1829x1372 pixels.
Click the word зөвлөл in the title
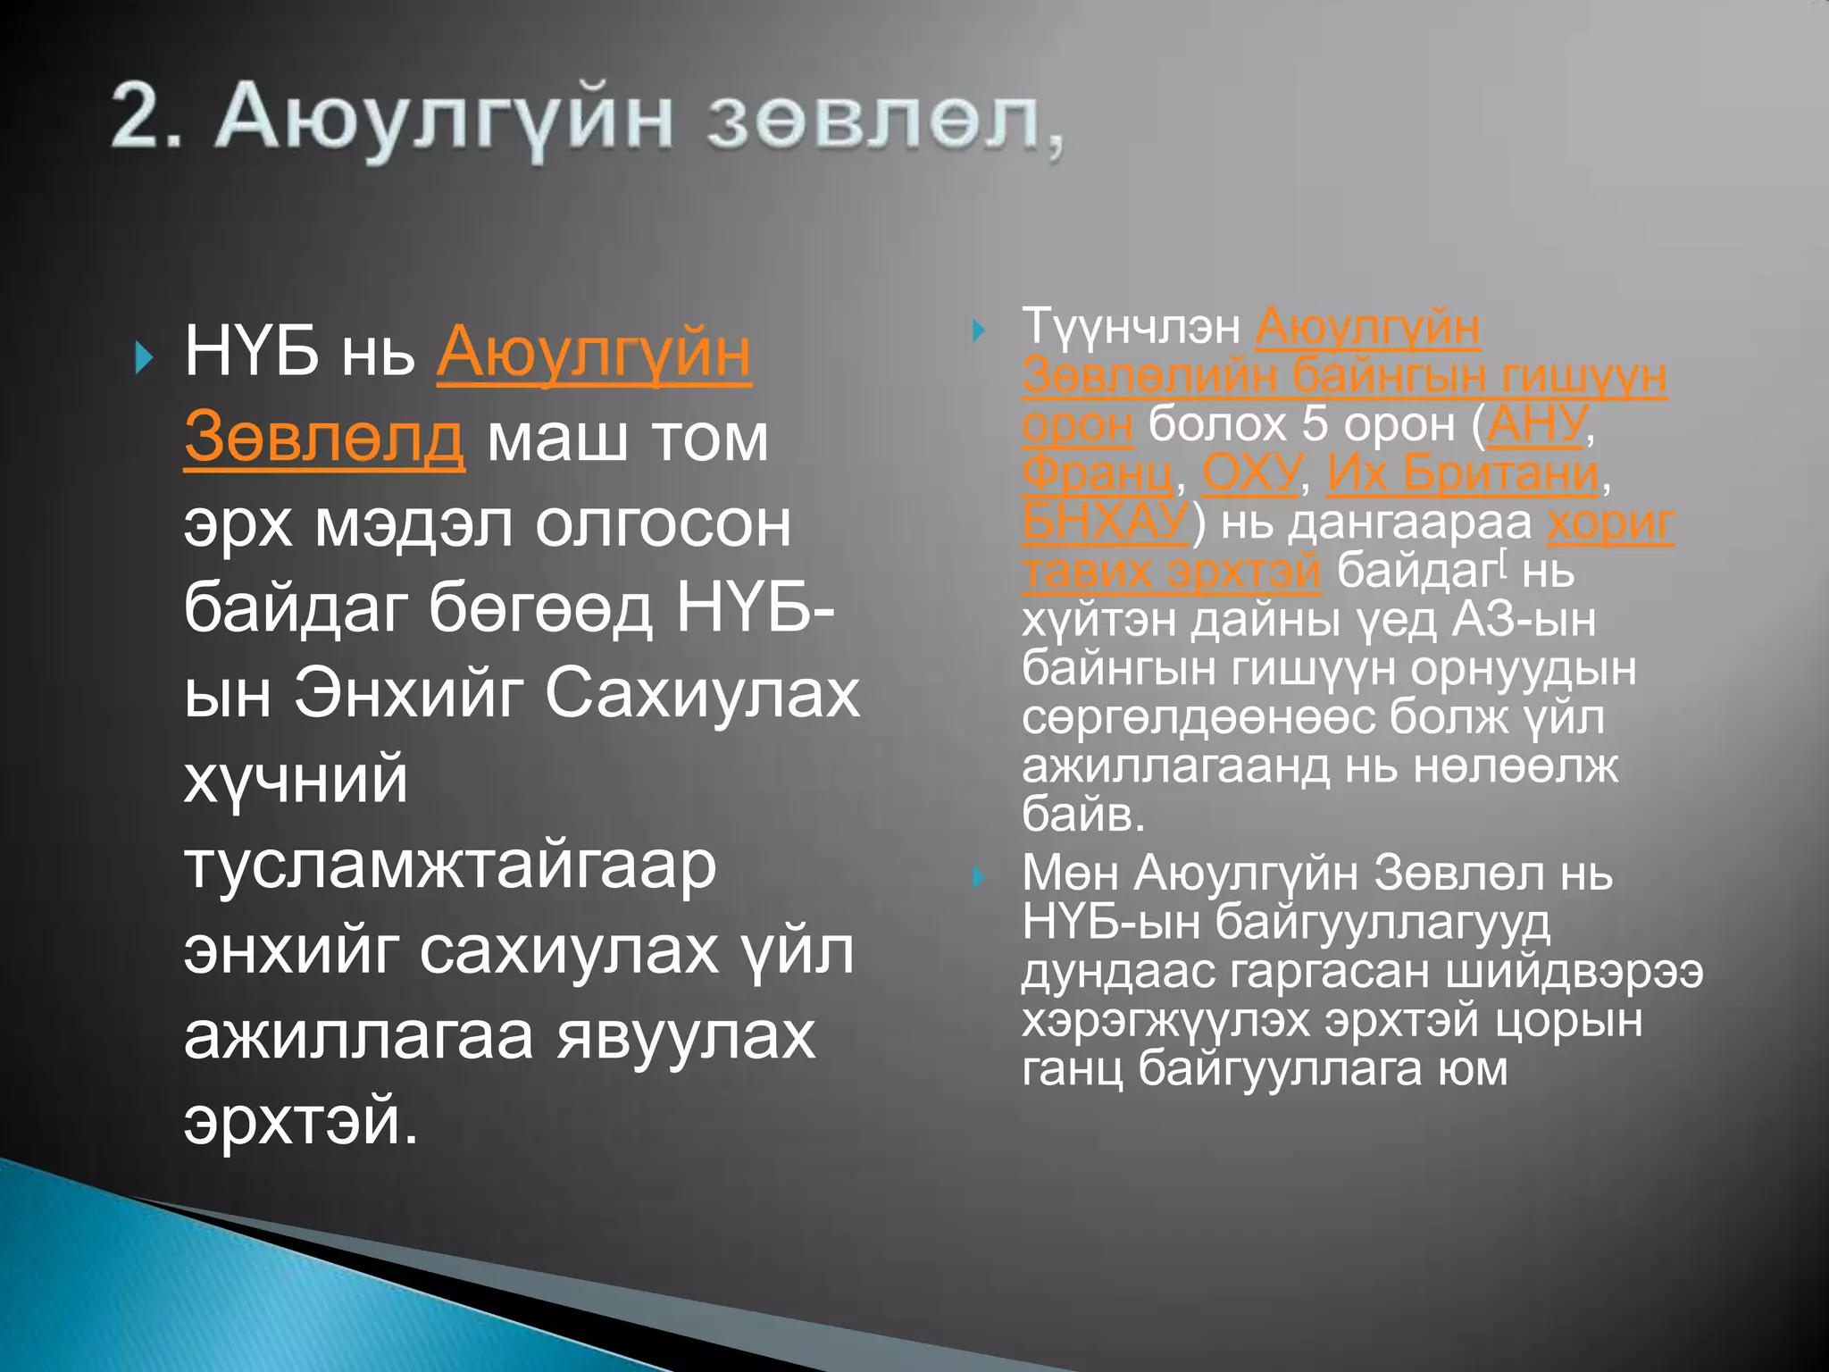[x=873, y=120]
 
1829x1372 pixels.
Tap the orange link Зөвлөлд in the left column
[x=323, y=438]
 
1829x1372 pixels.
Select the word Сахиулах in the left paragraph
[x=702, y=693]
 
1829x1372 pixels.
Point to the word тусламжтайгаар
[x=450, y=866]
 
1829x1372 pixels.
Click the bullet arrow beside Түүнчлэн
[x=979, y=330]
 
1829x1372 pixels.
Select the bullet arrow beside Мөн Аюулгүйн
[x=979, y=876]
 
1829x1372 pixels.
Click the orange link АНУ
[x=1537, y=423]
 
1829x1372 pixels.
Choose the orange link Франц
[x=1097, y=473]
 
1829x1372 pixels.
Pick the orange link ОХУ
[x=1250, y=473]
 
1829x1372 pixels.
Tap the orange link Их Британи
[x=1463, y=473]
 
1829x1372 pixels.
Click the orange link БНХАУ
[x=1106, y=522]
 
